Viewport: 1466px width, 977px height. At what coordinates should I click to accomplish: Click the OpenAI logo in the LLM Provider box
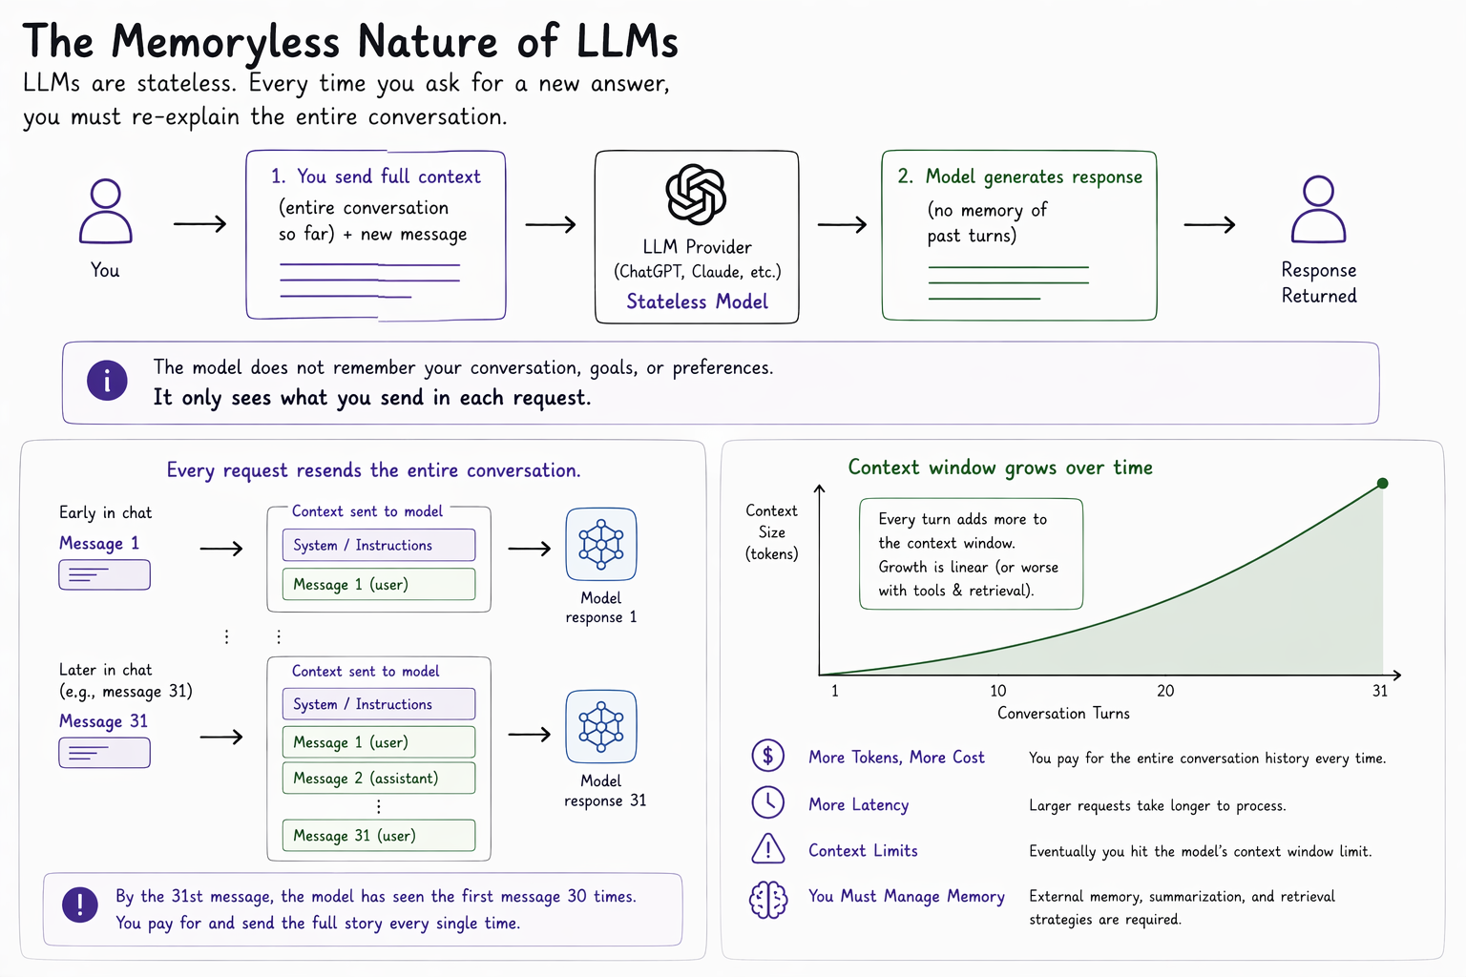point(696,195)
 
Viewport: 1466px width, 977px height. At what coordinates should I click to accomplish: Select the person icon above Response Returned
point(1318,209)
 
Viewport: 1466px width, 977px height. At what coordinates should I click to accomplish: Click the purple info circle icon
point(107,380)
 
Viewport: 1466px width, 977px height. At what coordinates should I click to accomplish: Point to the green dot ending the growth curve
point(1382,484)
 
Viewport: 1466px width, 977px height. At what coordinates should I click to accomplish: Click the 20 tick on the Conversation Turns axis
point(1165,691)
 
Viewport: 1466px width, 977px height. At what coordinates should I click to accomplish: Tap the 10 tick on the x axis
point(998,691)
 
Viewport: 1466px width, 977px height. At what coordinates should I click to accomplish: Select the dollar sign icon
point(767,756)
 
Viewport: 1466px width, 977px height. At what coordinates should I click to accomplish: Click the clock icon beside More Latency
point(767,802)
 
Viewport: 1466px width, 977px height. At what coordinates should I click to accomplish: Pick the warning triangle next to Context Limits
point(767,849)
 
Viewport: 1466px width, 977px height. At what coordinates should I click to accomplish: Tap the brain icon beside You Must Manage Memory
point(768,900)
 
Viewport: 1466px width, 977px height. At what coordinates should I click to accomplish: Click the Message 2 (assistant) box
point(379,778)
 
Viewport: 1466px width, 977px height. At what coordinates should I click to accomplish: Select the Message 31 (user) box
point(379,836)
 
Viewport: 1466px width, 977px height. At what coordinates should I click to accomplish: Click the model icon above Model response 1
point(600,545)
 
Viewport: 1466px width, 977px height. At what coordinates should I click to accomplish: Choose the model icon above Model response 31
point(600,726)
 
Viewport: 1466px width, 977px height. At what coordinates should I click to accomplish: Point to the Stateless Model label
point(697,301)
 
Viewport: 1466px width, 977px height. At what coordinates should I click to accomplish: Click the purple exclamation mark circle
point(80,904)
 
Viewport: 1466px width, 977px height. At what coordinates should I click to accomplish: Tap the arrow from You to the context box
point(199,224)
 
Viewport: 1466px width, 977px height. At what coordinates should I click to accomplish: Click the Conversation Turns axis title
point(1063,714)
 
